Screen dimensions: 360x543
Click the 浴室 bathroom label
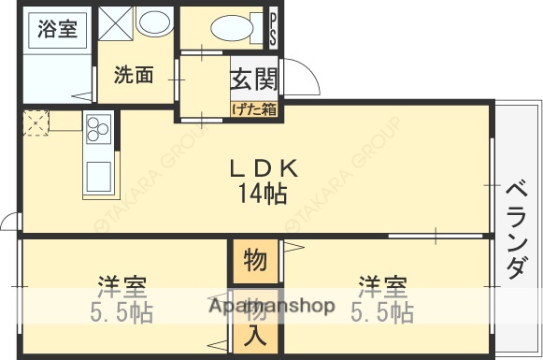(57, 29)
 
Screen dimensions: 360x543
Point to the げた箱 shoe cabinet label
(253, 109)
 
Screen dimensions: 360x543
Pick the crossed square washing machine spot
(116, 23)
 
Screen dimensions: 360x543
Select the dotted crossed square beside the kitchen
(36, 122)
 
